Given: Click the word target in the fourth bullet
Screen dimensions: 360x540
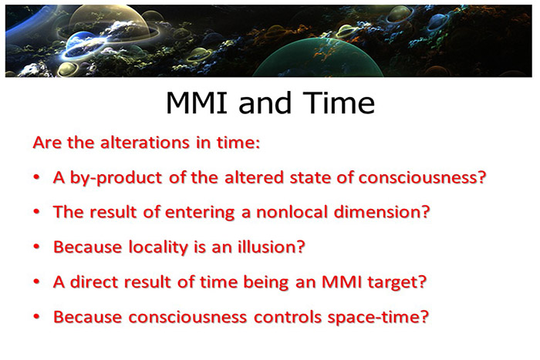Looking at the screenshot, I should click(400, 283).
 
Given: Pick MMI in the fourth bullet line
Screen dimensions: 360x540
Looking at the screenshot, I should click(347, 282).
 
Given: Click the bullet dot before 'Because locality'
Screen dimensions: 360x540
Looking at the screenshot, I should click(38, 248).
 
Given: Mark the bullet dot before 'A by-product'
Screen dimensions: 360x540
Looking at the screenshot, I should click(38, 178).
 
